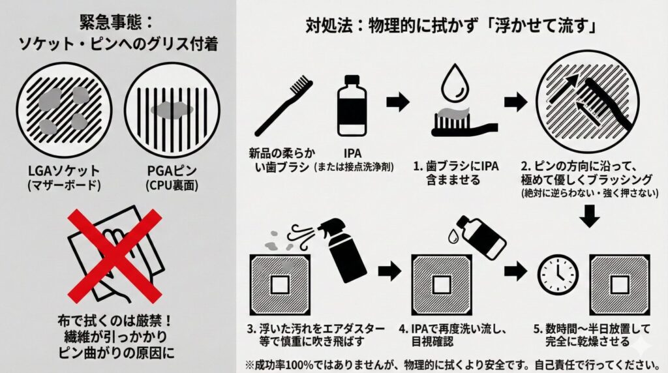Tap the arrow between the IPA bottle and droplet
pyautogui.click(x=397, y=102)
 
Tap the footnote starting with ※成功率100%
pyautogui.click(x=451, y=363)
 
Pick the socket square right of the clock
pyautogui.click(x=618, y=284)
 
